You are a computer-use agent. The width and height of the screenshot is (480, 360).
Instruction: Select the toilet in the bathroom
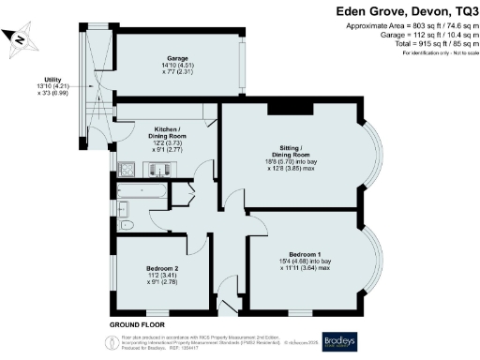coord(131,223)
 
